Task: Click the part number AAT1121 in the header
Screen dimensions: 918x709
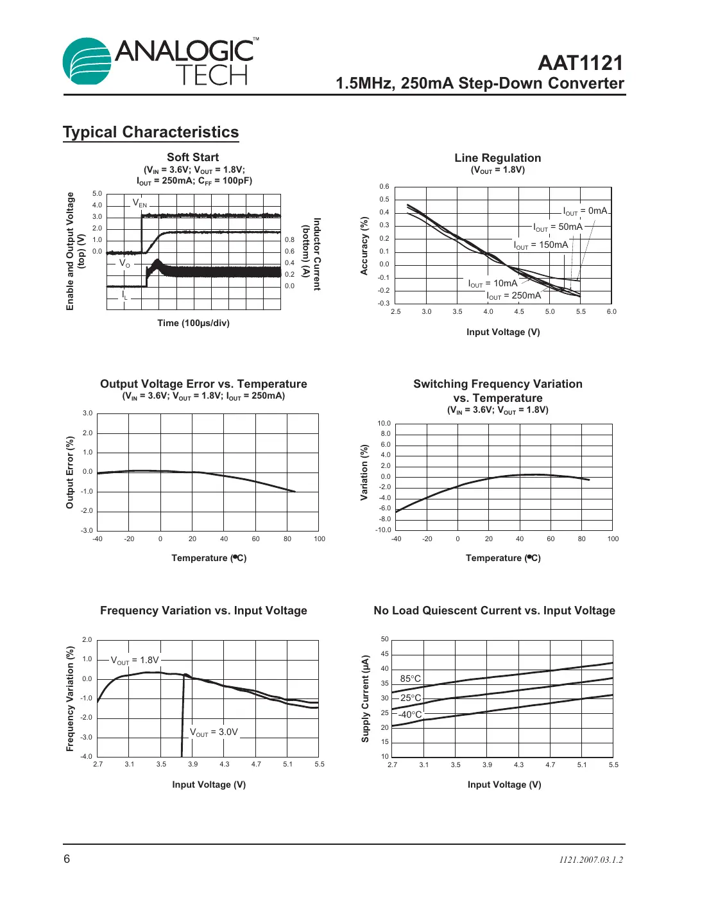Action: [x=580, y=63]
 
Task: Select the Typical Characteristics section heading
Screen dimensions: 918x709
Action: [x=151, y=132]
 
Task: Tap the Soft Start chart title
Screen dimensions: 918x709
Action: [x=192, y=157]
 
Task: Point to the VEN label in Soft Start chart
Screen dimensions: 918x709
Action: [x=140, y=203]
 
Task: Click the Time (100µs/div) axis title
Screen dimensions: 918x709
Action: [x=193, y=323]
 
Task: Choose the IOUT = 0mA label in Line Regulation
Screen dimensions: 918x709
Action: [x=585, y=211]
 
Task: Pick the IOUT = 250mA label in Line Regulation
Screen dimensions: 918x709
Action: [x=514, y=296]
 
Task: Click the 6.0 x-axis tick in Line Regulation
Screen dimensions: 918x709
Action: [x=611, y=312]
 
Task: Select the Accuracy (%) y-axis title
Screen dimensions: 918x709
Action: [x=364, y=246]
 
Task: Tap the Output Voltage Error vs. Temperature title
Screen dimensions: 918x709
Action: [x=203, y=384]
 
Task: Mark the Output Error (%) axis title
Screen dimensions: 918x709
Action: [x=70, y=472]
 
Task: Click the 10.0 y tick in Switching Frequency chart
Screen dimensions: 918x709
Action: [x=384, y=424]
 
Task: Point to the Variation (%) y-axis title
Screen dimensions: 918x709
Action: [x=364, y=472]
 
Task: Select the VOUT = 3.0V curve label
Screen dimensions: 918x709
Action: [x=214, y=732]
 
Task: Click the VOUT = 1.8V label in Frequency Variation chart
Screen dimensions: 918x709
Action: [x=135, y=661]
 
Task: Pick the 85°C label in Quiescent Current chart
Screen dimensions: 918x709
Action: [x=411, y=679]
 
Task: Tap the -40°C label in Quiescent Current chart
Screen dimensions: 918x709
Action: [x=410, y=714]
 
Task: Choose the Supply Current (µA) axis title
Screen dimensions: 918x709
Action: [x=365, y=698]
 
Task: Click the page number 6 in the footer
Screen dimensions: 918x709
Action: [x=67, y=859]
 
